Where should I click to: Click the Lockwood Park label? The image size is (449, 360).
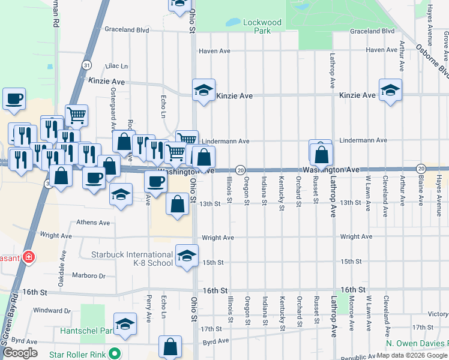click(262, 26)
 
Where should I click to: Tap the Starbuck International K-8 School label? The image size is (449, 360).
click(131, 259)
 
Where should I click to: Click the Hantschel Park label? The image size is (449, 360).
click(86, 331)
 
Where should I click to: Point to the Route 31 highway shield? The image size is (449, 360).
click(88, 65)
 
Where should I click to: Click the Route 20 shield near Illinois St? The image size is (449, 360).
click(240, 170)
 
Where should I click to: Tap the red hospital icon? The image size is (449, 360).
click(29, 257)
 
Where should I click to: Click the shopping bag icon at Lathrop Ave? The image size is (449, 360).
click(322, 155)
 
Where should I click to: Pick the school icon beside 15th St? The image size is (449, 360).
click(187, 255)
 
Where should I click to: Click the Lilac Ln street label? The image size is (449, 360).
click(116, 66)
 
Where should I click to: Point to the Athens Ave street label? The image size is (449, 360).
click(93, 223)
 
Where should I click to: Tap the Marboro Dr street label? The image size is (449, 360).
click(89, 277)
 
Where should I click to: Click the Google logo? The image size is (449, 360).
click(20, 352)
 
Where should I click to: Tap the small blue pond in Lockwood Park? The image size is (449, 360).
click(232, 23)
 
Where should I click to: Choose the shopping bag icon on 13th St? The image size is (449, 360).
click(178, 204)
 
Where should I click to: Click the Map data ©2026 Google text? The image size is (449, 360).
click(411, 355)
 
